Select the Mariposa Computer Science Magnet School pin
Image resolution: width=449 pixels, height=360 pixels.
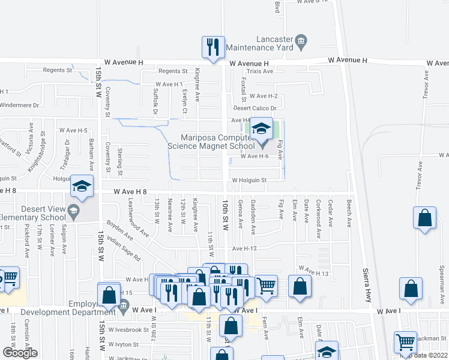tap(261, 131)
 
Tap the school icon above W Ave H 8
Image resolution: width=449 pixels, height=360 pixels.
tap(82, 187)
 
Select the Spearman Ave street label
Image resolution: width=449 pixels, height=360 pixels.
tap(441, 263)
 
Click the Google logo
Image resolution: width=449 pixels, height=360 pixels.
tap(20, 353)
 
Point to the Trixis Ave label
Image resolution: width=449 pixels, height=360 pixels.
tap(259, 71)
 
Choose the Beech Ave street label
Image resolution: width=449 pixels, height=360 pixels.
tap(349, 213)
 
